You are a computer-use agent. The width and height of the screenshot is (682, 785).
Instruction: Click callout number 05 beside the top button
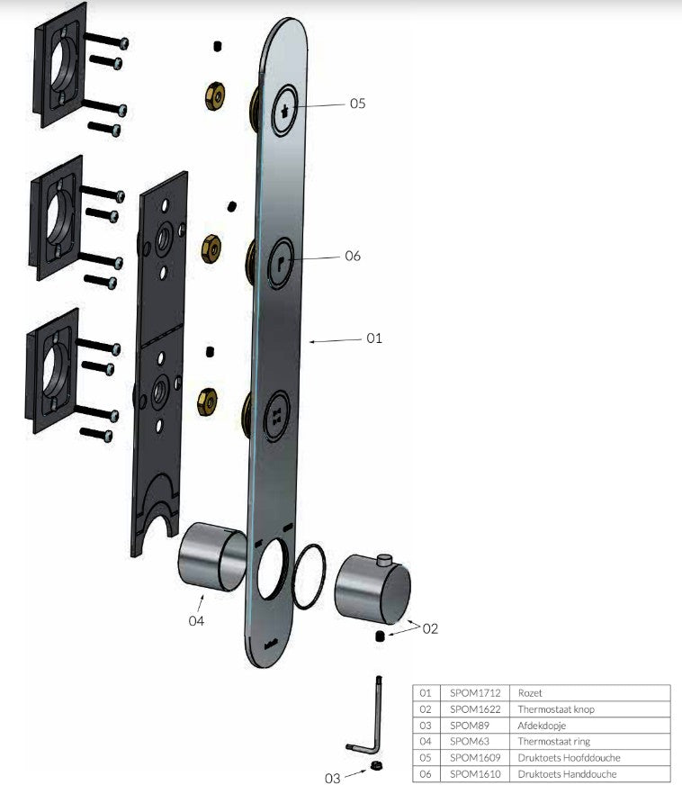pos(357,104)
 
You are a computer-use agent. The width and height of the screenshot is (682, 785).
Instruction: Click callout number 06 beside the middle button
pos(352,256)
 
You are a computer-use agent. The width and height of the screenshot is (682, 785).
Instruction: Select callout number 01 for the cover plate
pos(374,338)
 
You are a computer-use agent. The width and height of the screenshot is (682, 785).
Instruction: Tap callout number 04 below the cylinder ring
pos(196,620)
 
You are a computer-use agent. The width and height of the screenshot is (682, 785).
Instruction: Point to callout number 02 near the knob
pos(430,628)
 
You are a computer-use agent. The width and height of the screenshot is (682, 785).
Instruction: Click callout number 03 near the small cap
pos(333,777)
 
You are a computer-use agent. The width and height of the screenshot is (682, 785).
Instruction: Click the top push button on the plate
pos(286,111)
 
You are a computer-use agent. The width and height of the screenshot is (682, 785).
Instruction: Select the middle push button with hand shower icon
pos(283,262)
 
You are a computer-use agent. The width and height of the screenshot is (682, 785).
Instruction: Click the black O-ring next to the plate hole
pos(310,576)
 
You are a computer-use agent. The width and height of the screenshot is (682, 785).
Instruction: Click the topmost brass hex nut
pos(216,95)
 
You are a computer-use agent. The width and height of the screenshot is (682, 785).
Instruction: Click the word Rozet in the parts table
pos(530,693)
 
